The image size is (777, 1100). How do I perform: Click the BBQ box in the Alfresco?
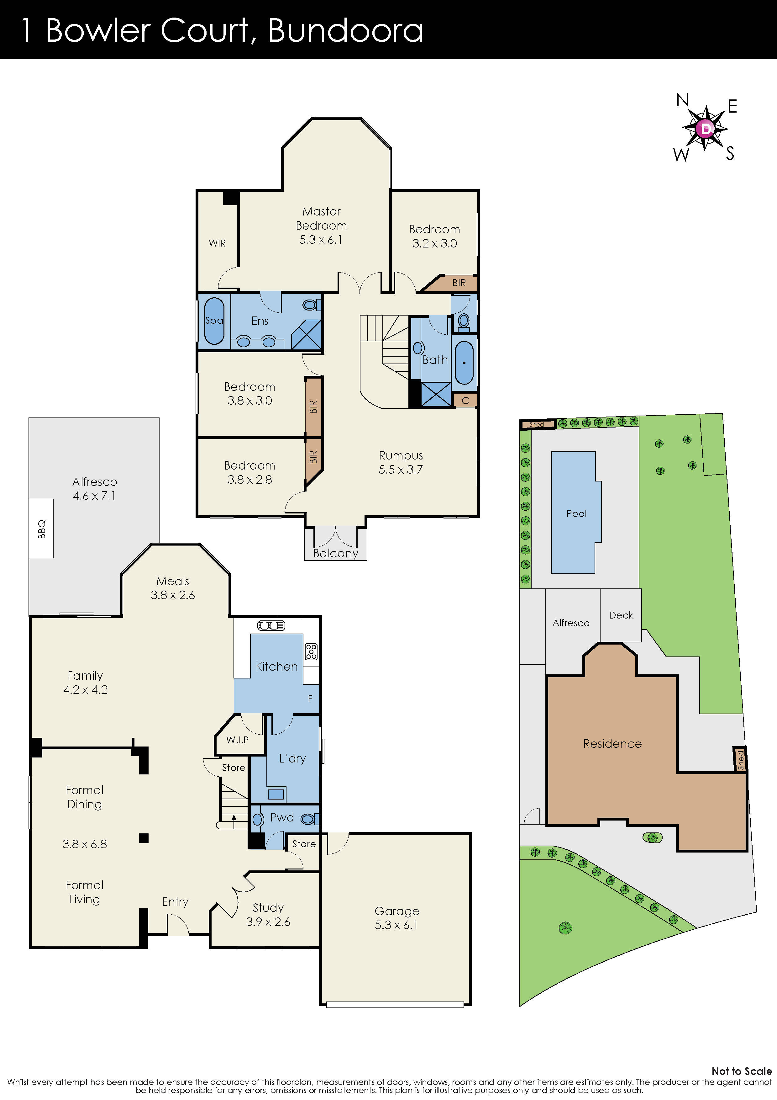point(41,529)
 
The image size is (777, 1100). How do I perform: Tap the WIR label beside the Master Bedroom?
point(217,243)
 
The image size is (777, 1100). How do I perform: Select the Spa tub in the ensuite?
point(214,321)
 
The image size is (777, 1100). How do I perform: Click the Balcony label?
point(336,553)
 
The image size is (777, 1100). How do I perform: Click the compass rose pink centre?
point(705,128)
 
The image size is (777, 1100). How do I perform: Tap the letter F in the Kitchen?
point(310,699)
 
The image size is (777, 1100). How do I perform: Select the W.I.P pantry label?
point(238,740)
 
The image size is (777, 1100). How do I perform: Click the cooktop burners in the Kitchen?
point(311,651)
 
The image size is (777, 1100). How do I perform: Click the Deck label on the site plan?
point(621,615)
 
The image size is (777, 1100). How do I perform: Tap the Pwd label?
point(282,817)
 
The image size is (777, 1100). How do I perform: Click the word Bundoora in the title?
point(346,31)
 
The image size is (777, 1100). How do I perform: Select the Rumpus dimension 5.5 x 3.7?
point(401,470)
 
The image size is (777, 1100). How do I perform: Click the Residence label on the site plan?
point(612,744)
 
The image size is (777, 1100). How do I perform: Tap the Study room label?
point(268,907)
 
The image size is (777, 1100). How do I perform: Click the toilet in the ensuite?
point(310,305)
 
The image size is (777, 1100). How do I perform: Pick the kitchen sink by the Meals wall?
point(271,625)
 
